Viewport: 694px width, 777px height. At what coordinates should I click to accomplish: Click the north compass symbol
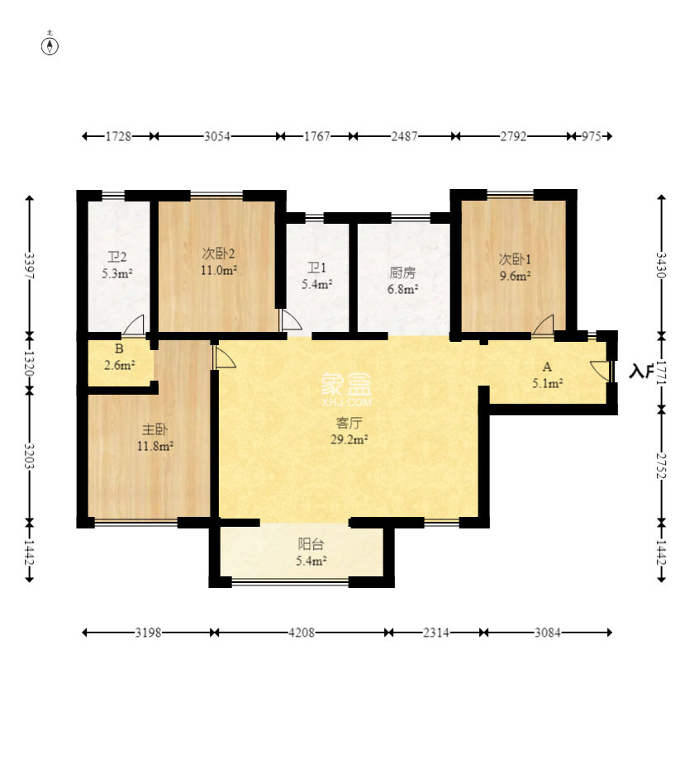50,46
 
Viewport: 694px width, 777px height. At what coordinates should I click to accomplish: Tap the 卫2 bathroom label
117,257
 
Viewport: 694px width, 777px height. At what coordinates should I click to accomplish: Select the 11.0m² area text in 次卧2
219,270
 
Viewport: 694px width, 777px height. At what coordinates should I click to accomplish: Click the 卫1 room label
316,268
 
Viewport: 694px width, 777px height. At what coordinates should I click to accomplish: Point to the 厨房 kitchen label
402,272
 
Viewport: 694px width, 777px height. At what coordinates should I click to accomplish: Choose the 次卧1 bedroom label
515,259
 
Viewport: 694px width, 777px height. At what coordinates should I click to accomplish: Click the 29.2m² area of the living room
349,439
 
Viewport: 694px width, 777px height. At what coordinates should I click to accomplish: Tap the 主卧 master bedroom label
154,429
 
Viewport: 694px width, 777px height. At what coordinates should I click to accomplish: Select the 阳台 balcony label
311,544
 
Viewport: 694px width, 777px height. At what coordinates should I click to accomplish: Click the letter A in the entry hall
547,367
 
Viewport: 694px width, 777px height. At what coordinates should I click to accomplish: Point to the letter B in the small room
119,348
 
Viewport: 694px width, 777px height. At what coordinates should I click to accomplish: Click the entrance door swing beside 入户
601,371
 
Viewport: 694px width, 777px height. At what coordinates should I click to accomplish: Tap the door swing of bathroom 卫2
133,325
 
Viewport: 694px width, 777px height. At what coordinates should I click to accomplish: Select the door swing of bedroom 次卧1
544,325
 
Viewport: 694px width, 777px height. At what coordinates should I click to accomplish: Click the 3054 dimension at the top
217,136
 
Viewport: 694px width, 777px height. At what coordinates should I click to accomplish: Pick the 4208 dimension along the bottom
302,632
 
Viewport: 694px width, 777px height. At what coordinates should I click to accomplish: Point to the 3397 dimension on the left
30,266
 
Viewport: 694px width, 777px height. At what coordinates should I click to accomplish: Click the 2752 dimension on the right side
661,466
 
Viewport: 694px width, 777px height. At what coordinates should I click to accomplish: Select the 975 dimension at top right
591,136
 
